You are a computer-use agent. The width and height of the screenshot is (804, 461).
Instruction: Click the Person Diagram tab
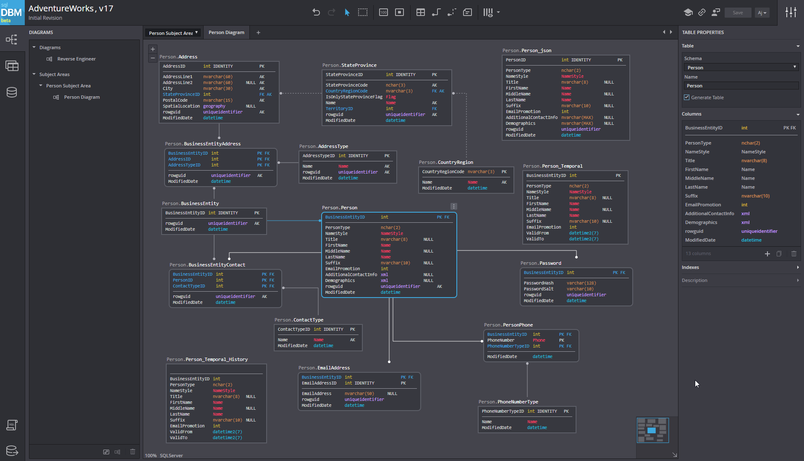(226, 32)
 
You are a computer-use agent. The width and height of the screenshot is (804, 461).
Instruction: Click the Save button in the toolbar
(738, 13)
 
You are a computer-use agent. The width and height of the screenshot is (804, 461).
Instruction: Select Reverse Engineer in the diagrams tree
(76, 59)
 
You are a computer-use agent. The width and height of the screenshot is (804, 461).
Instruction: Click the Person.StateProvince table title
(349, 65)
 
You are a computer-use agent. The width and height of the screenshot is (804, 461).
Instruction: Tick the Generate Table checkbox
(687, 97)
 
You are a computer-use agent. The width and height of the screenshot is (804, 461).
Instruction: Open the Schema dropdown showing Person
(741, 67)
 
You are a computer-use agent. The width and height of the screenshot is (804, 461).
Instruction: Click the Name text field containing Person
(741, 86)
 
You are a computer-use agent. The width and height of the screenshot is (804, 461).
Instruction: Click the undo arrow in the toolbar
(316, 12)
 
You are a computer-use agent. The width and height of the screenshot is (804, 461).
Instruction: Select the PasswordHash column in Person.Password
(539, 283)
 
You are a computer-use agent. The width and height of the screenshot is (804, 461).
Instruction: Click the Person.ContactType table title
(299, 320)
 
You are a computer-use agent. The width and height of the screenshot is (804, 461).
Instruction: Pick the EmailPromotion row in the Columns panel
(703, 205)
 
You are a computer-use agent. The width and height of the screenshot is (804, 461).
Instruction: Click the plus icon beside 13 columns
(767, 253)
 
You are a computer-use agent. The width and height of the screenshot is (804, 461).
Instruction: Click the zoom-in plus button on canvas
(153, 49)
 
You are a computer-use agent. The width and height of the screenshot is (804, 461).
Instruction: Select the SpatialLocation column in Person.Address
(181, 106)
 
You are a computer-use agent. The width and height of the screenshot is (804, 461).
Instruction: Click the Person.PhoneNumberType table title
(508, 402)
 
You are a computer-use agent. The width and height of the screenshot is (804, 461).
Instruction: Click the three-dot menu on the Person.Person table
(453, 206)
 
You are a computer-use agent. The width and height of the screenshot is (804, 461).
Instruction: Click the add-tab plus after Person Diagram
(258, 32)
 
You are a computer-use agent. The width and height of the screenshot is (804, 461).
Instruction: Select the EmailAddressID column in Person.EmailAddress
(319, 383)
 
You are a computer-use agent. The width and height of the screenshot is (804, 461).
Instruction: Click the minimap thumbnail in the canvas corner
(652, 430)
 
